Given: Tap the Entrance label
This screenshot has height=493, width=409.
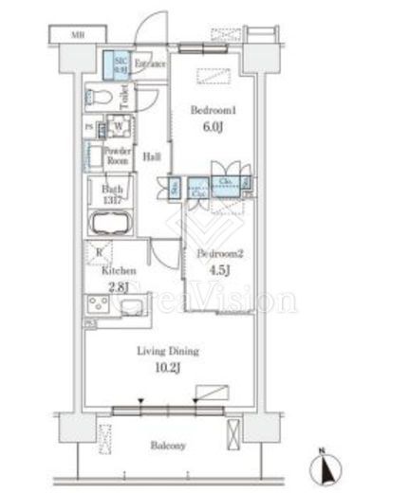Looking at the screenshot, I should click(149, 64).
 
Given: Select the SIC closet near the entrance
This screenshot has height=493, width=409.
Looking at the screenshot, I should click(117, 65).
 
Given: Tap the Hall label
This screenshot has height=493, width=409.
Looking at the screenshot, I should click(150, 156).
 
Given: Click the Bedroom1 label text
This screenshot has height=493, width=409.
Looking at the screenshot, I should click(209, 110).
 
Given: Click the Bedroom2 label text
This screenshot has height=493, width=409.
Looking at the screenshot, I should click(215, 254).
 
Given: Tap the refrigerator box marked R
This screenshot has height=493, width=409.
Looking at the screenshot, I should click(97, 252).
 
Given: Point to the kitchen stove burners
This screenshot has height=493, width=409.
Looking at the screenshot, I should click(99, 305).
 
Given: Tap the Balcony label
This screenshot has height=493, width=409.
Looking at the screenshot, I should click(167, 445).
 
